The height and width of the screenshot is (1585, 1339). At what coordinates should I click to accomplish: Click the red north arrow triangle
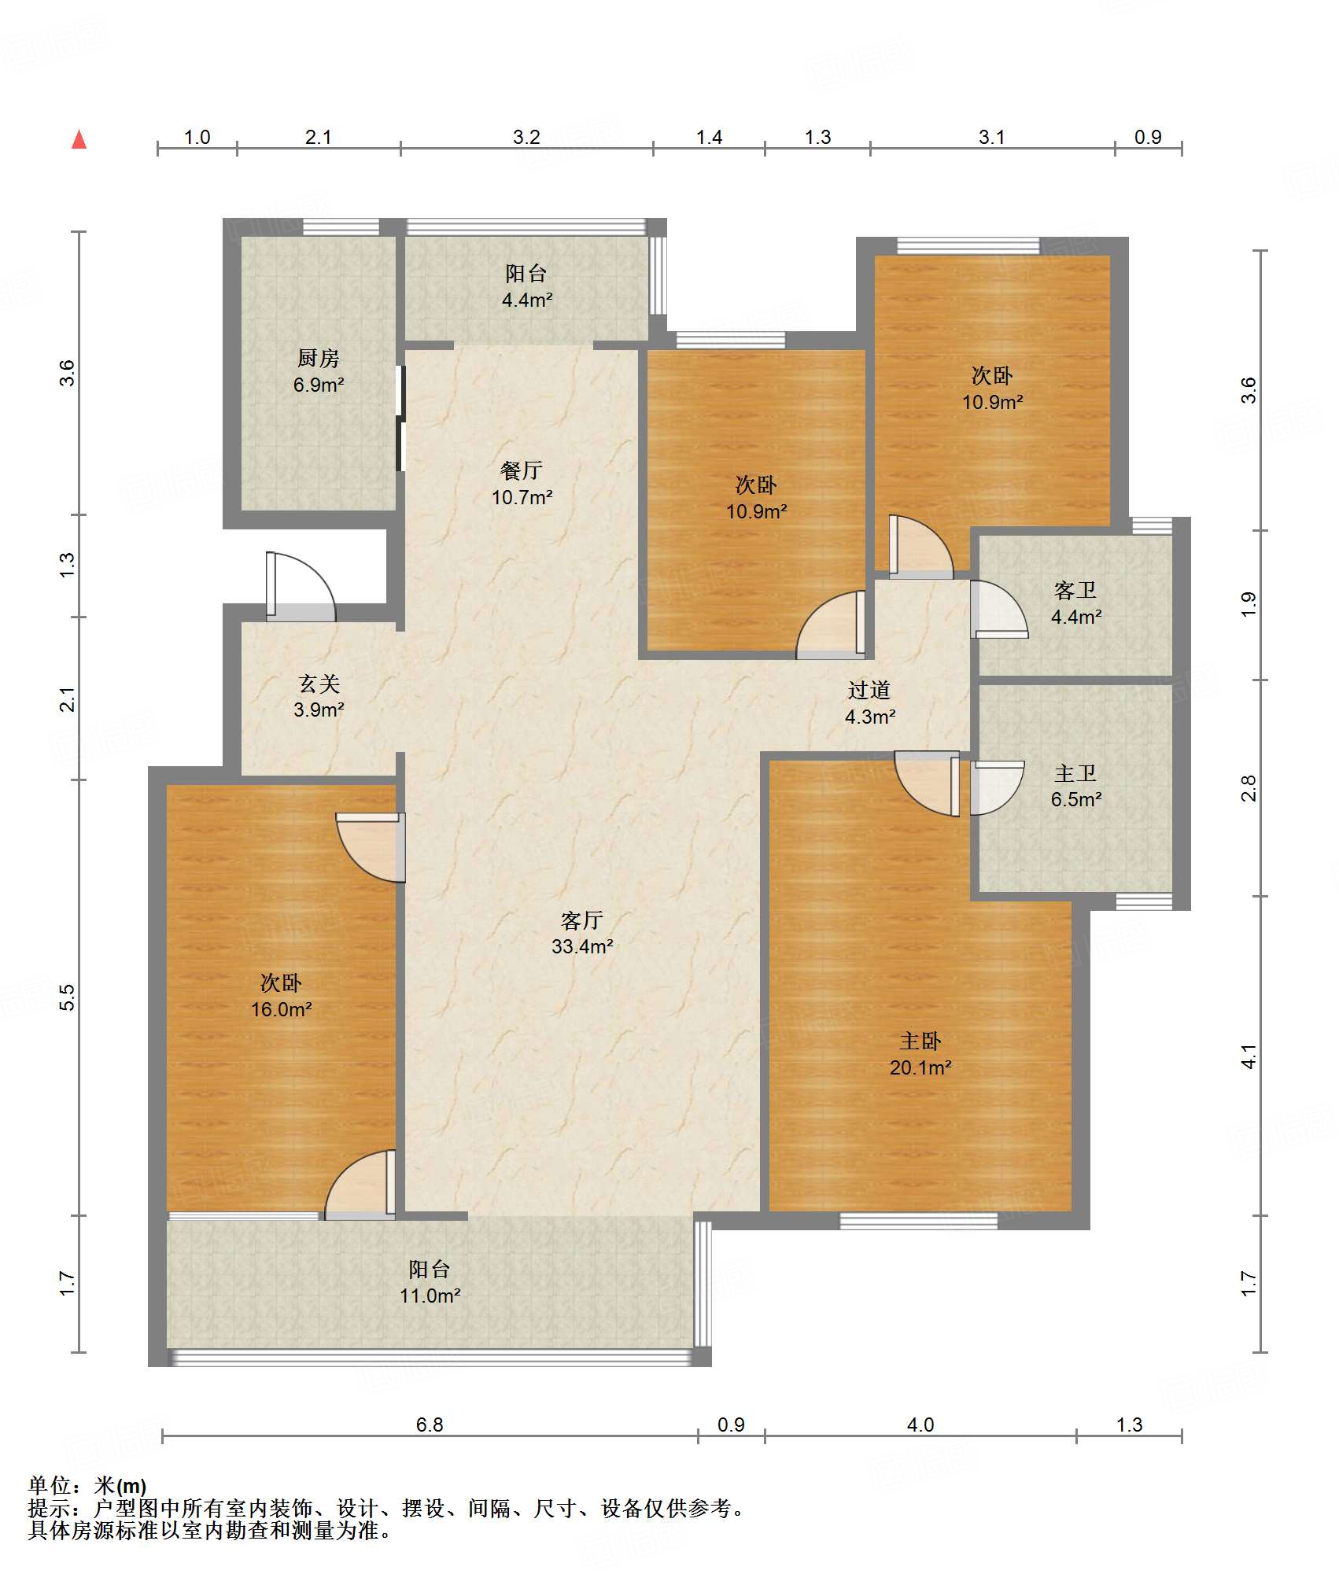point(79,139)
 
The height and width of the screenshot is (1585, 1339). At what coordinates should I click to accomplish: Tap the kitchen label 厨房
point(319,358)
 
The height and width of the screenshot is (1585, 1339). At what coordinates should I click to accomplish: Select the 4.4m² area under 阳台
point(526,300)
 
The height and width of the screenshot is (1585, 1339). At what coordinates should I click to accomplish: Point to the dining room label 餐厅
point(522,470)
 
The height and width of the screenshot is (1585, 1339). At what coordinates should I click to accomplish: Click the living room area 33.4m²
point(582,946)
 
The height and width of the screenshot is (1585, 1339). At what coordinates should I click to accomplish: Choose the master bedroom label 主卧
point(920,1041)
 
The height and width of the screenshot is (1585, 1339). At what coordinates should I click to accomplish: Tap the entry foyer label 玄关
point(319,684)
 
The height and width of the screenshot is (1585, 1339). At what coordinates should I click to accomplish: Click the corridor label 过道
point(869,690)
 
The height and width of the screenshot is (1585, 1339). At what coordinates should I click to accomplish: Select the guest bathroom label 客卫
point(1075,590)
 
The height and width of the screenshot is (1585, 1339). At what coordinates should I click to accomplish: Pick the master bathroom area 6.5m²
point(1076,799)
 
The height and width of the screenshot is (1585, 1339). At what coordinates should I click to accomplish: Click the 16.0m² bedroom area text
point(282,1009)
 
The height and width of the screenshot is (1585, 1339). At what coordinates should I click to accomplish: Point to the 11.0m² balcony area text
point(430,1296)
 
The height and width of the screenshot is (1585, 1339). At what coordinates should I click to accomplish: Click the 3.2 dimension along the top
point(526,137)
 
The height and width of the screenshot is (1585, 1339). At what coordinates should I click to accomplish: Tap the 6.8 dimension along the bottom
point(430,1425)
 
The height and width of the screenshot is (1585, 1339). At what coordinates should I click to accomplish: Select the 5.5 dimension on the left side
point(68,997)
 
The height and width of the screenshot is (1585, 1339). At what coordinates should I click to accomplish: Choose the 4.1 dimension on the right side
point(1249,1056)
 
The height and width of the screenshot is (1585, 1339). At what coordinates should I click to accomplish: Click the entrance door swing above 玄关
point(301,587)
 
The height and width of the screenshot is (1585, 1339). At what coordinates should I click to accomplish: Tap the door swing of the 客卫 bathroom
point(998,609)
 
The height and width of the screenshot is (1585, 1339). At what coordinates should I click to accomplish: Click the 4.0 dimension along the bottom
point(920,1425)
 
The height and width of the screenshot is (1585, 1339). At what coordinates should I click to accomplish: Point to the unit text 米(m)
point(120,1486)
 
